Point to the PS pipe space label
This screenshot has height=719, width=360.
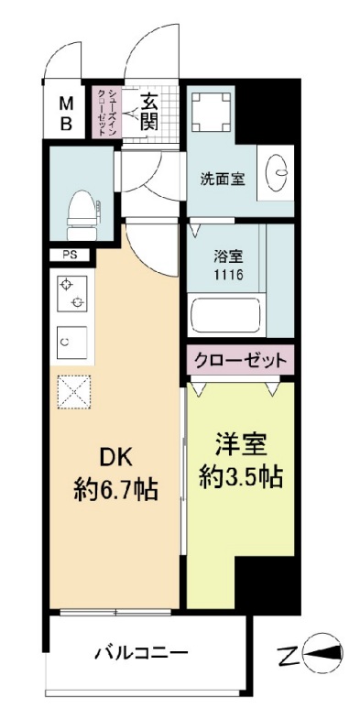(70, 255)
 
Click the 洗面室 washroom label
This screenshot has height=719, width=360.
(222, 179)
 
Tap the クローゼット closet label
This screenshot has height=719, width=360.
(241, 359)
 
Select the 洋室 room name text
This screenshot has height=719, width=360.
(241, 444)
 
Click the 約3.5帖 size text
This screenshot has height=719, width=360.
(241, 476)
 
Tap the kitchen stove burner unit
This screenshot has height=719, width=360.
(73, 292)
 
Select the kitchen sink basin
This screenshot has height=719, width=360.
(73, 341)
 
